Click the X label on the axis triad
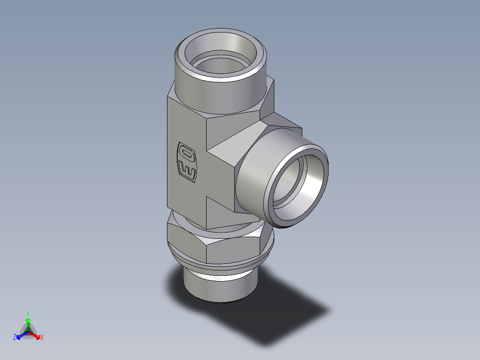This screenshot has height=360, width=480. [42, 338]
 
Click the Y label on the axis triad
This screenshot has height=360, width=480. [28, 313]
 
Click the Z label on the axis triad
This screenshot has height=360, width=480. [15, 338]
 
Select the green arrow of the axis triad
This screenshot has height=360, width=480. [28, 323]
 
